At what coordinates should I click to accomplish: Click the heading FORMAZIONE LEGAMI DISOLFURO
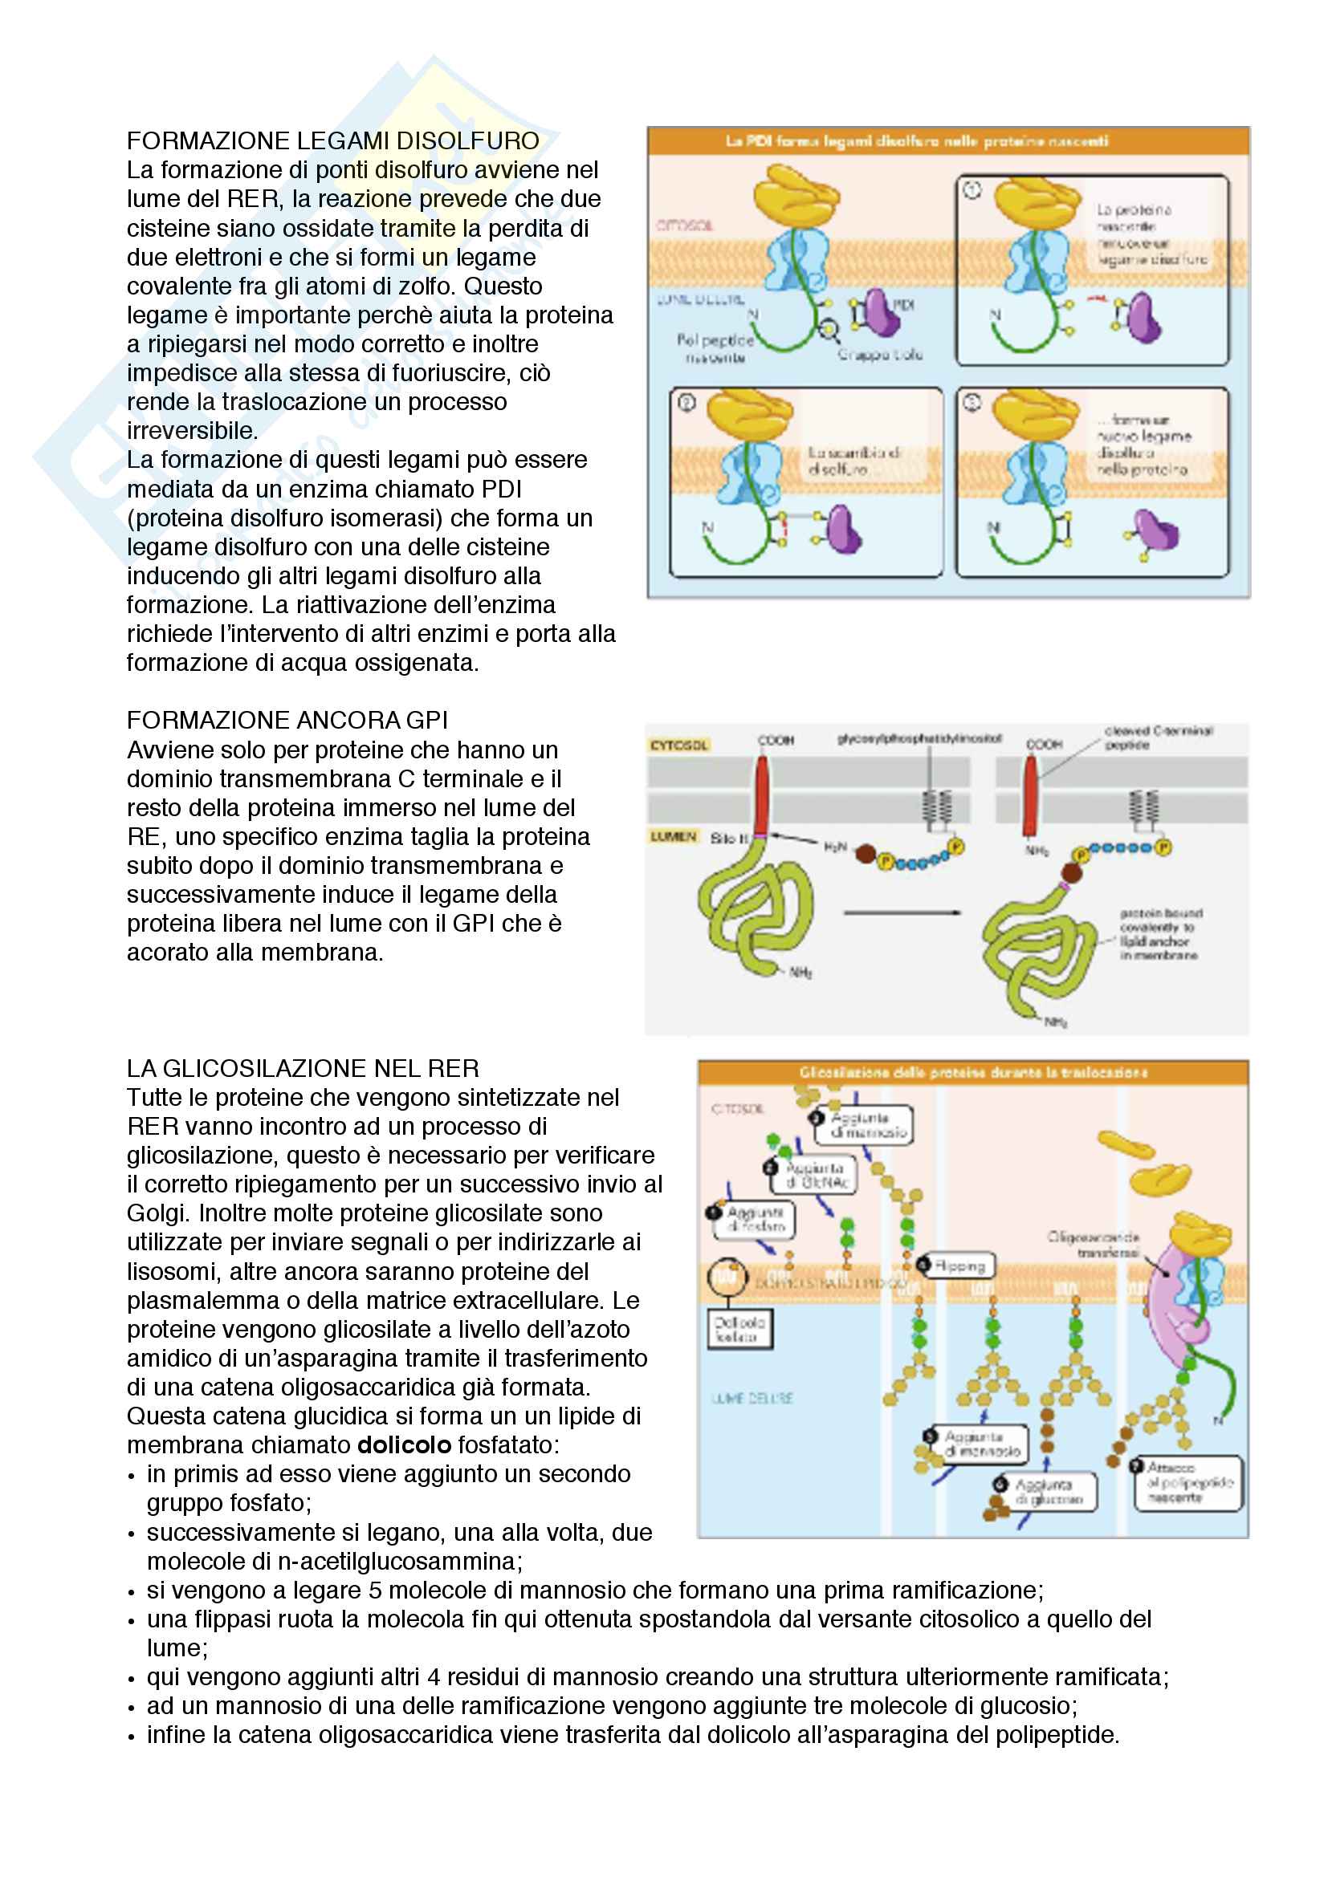[333, 140]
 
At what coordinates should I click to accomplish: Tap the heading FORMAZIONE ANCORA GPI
[287, 720]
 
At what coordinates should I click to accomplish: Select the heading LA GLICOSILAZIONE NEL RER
[303, 1068]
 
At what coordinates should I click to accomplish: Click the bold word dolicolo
[404, 1444]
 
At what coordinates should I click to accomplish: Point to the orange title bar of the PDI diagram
[947, 141]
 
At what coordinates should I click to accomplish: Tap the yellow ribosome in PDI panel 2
[748, 414]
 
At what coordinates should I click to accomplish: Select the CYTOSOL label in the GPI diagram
[678, 745]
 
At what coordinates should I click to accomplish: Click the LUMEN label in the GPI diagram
[674, 836]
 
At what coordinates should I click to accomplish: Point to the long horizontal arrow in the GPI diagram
[902, 912]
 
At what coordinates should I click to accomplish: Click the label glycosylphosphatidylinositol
[919, 739]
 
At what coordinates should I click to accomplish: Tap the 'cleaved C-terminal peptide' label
[1158, 737]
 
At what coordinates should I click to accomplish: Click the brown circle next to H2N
[866, 855]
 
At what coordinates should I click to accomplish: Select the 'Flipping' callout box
[958, 1266]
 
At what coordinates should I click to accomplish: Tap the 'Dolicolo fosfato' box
[740, 1329]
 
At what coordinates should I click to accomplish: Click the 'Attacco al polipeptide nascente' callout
[1188, 1482]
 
